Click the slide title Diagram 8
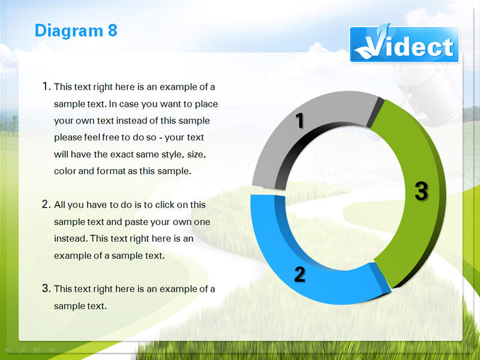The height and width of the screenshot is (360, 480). [76, 31]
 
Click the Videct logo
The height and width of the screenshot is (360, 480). [404, 44]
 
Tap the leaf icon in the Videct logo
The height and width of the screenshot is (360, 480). [372, 43]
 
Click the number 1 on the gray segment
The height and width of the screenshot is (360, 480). [300, 121]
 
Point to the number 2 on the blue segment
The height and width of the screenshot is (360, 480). [299, 274]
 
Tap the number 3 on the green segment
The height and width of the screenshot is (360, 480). [421, 191]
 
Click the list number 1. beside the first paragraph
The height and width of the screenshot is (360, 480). [46, 86]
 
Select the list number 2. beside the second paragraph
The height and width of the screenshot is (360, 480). [46, 204]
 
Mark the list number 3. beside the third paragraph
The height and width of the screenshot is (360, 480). [46, 288]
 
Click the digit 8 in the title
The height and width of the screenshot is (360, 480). [112, 31]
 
